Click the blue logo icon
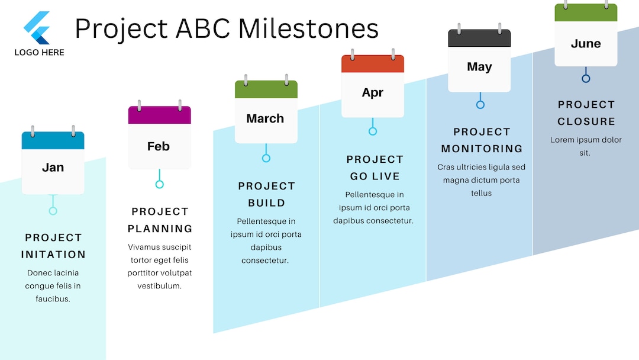(x=37, y=28)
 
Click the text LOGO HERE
(x=39, y=52)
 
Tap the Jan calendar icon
(x=53, y=162)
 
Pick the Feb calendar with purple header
(x=159, y=137)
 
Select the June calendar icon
(x=586, y=36)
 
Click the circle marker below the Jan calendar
(x=53, y=211)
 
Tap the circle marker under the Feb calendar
(x=159, y=184)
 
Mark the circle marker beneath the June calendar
(x=586, y=78)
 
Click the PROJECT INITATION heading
(x=53, y=246)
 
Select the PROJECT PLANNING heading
(x=160, y=220)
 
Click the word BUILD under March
(x=266, y=203)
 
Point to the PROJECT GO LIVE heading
(x=375, y=168)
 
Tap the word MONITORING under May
(x=482, y=149)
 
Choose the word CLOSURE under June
(x=586, y=121)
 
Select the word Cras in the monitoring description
(x=446, y=167)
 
